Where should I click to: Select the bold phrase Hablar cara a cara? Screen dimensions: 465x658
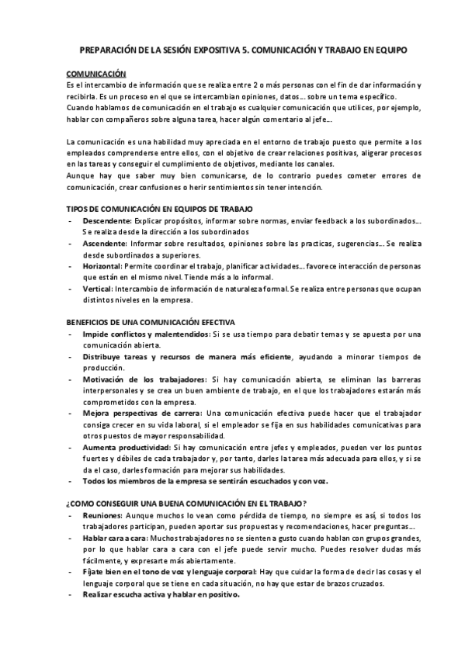tap(116, 538)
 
